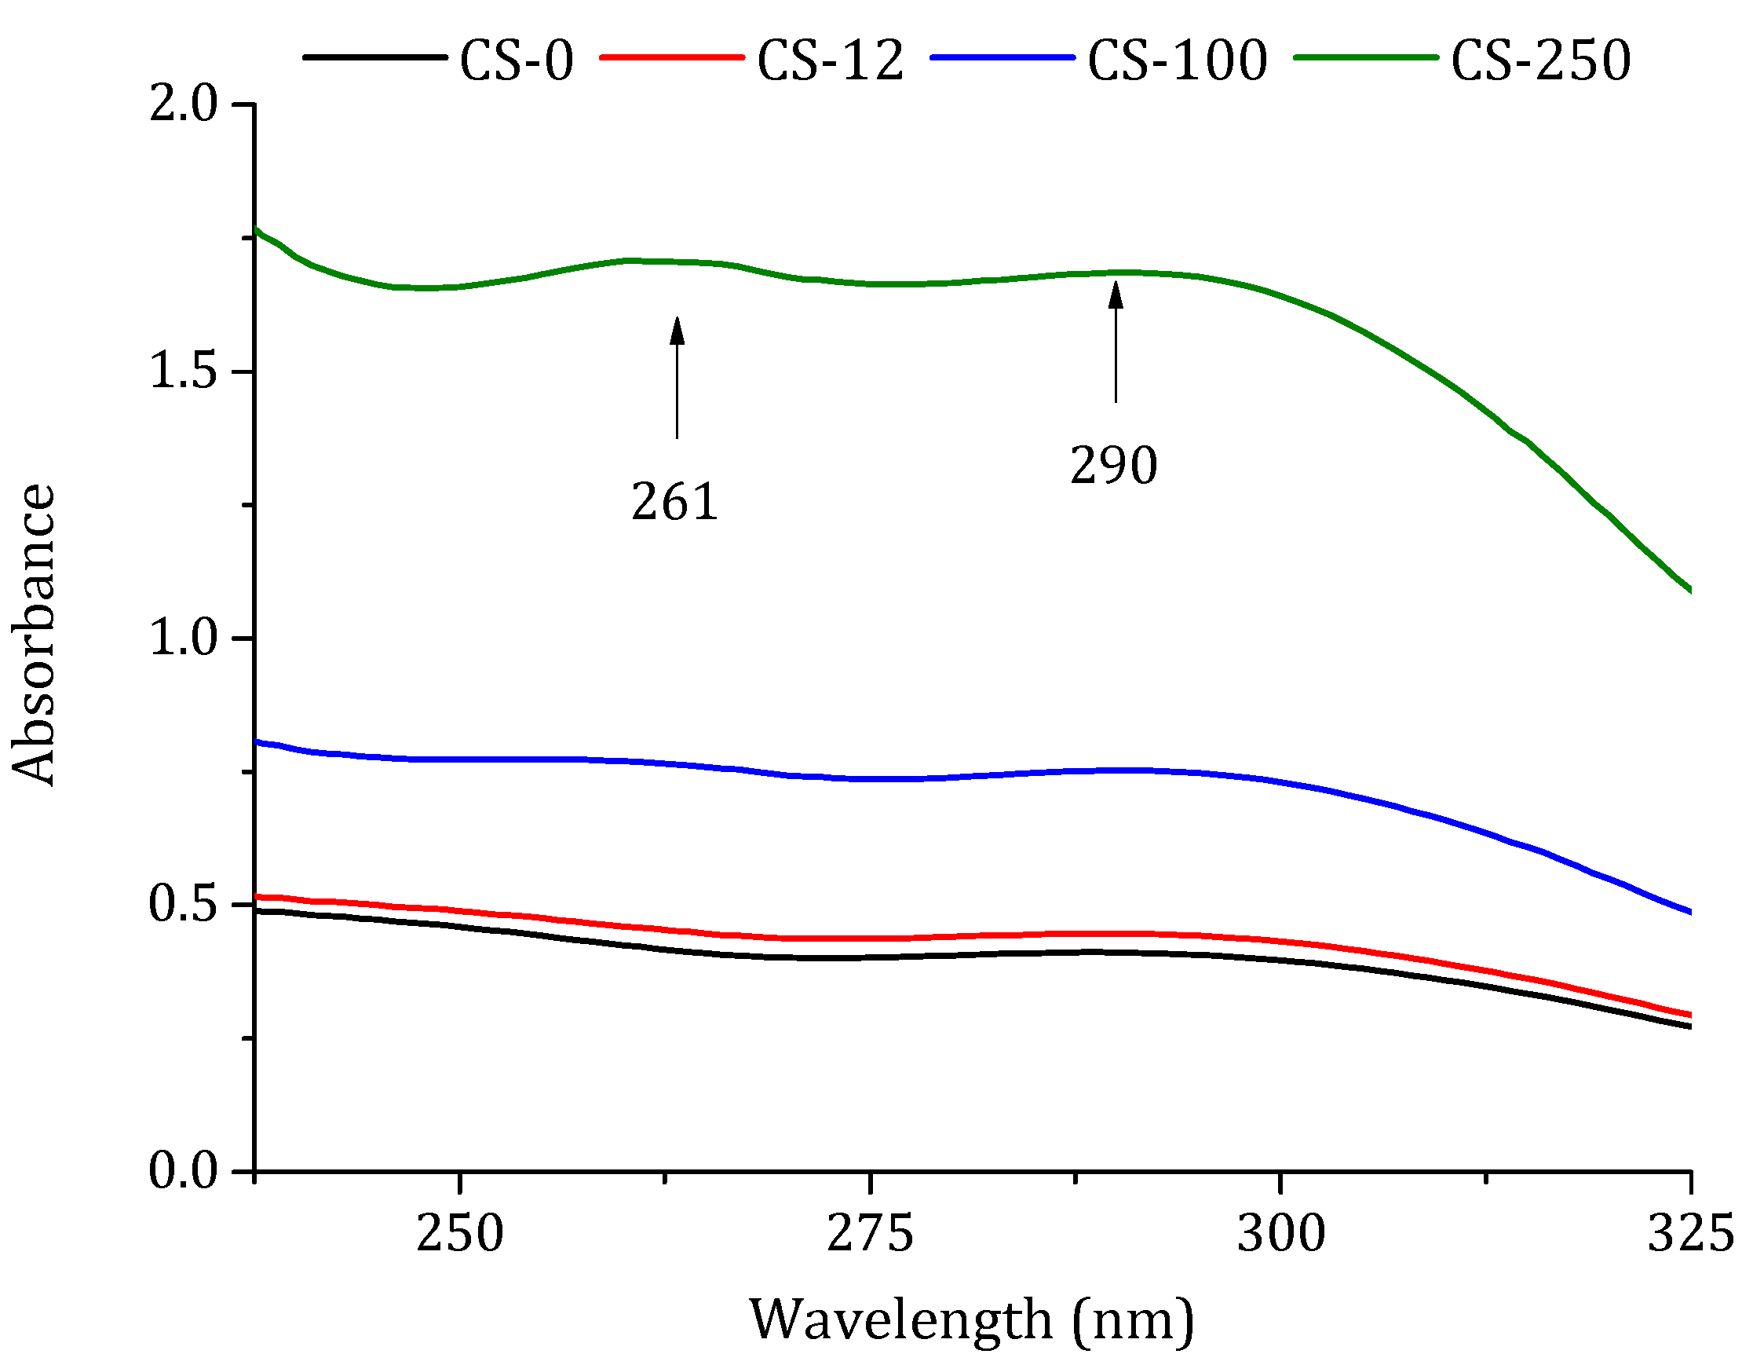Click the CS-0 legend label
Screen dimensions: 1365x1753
point(516,61)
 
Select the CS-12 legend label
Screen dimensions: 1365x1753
point(830,61)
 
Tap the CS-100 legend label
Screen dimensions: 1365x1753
point(1177,61)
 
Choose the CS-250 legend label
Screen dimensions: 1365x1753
point(1540,61)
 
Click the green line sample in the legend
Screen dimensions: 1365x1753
point(1365,58)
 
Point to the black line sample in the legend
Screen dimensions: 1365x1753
point(374,58)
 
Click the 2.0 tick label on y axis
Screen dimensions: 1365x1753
point(183,104)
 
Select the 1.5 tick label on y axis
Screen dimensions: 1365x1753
point(183,371)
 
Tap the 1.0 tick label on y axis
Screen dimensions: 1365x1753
point(183,639)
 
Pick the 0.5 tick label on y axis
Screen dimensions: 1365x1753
point(183,905)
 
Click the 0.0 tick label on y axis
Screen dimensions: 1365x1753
point(183,1173)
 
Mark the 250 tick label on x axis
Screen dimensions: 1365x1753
point(459,1234)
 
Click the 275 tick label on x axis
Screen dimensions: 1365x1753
point(870,1234)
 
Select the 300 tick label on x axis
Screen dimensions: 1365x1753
point(1280,1234)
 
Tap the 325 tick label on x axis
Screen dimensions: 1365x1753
point(1690,1234)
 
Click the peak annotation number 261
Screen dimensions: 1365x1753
point(674,503)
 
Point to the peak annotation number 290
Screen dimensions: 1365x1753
point(1113,466)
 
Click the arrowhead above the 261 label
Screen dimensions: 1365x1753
point(677,330)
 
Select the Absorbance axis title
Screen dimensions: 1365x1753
point(34,635)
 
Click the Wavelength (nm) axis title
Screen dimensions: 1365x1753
point(972,1321)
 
